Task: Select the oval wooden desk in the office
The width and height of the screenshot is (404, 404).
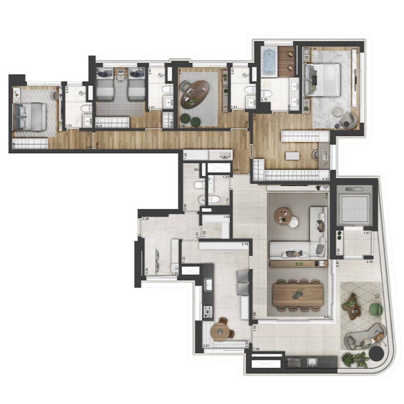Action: coord(195,93)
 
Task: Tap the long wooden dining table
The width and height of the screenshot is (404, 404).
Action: coord(298,294)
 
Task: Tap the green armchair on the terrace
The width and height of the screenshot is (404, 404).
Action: coord(376,309)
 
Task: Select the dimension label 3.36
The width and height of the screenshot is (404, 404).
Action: coord(146,220)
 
